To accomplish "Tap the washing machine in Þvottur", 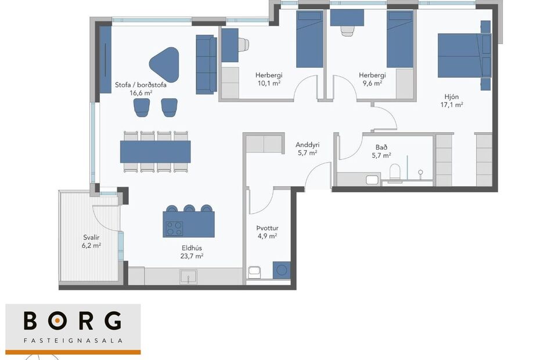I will [x=282, y=271].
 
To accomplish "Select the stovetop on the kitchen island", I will [x=174, y=229].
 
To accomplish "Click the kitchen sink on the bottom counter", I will [x=188, y=278].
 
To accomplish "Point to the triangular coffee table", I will [x=164, y=63].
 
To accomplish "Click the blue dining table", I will [x=155, y=152].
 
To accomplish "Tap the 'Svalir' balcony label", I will [x=90, y=237].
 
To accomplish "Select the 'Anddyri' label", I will [x=307, y=145].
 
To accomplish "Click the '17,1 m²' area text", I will [x=451, y=105].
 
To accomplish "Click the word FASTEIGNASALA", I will [x=73, y=341].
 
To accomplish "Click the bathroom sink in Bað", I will [x=372, y=179].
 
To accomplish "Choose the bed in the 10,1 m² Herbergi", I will [x=309, y=39].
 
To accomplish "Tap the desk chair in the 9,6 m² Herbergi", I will [x=348, y=30].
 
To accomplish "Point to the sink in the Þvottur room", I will [x=254, y=271].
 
